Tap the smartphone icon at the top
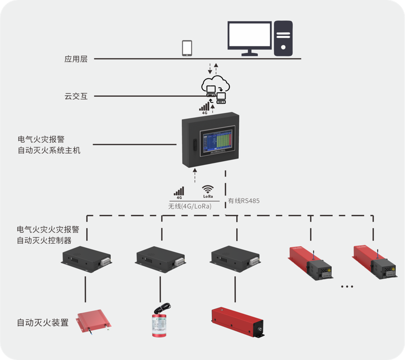(x=187, y=48)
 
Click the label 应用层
(x=76, y=59)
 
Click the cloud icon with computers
(x=215, y=88)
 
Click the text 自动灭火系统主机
(x=49, y=150)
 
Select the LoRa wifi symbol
(x=208, y=191)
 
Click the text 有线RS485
(x=244, y=200)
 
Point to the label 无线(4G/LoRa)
(x=190, y=206)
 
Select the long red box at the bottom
(x=237, y=322)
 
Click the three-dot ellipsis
(x=347, y=287)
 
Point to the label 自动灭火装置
(x=43, y=323)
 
